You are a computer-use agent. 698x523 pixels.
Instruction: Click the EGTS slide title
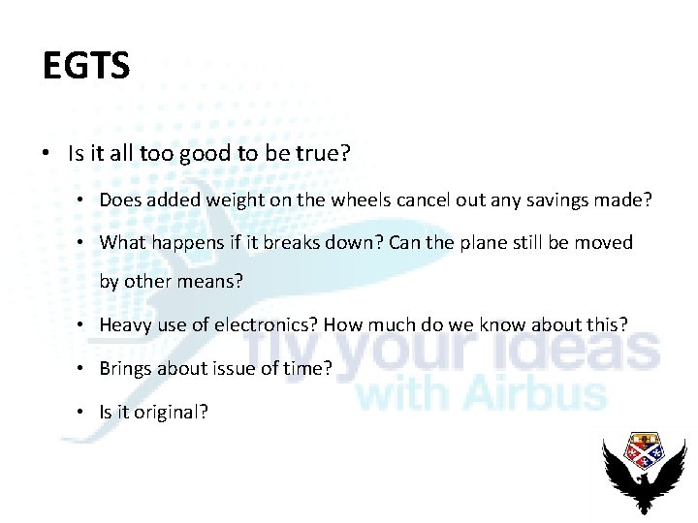(86, 66)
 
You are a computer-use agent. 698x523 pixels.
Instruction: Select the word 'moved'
(605, 242)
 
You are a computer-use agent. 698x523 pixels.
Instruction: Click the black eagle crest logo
(644, 471)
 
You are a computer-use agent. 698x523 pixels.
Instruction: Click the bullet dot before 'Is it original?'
(86, 412)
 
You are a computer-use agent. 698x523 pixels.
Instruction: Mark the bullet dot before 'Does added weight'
(86, 201)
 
